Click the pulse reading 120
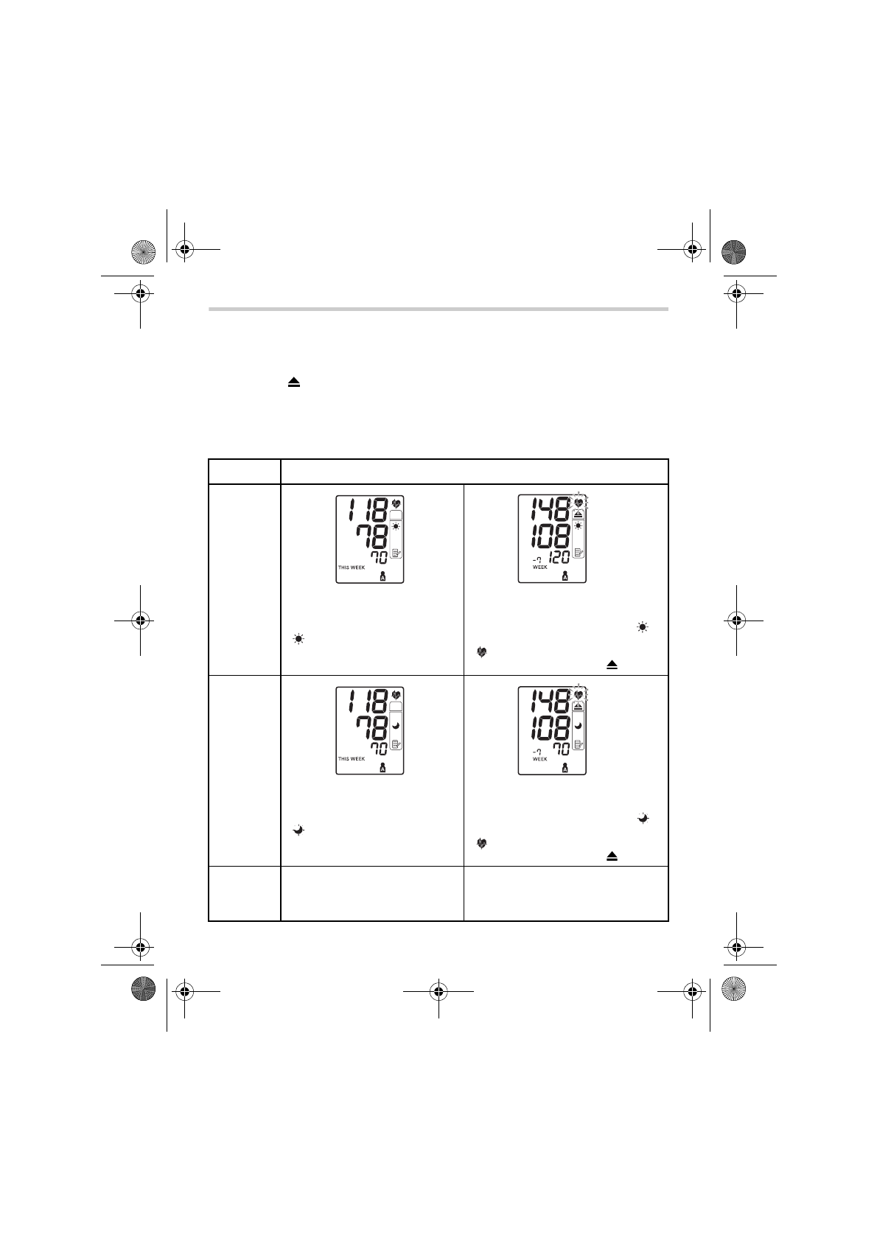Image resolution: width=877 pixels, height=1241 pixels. [559, 557]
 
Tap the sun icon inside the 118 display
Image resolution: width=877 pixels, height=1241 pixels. [396, 526]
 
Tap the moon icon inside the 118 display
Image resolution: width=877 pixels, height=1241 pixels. [396, 725]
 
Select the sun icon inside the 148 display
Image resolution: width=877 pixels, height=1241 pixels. [579, 525]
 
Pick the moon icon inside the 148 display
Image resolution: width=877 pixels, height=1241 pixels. [579, 725]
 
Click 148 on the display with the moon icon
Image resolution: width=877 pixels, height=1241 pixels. [550, 701]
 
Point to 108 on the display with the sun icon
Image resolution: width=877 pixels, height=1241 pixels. [550, 536]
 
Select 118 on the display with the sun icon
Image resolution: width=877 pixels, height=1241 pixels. [368, 510]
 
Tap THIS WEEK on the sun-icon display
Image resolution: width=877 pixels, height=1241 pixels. [352, 567]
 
